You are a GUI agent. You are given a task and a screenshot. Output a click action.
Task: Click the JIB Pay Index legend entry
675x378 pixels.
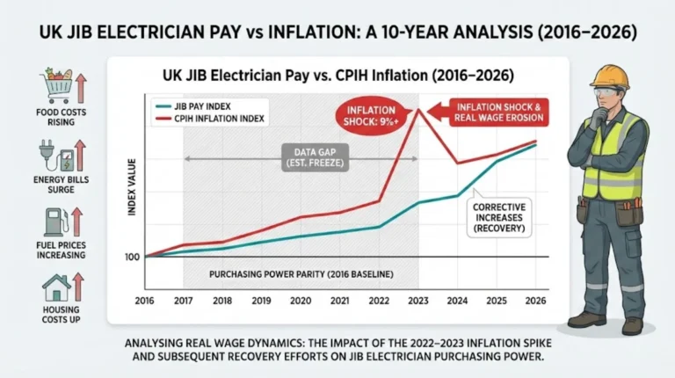[x=199, y=104]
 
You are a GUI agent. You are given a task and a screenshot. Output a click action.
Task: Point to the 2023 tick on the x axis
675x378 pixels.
[x=418, y=300]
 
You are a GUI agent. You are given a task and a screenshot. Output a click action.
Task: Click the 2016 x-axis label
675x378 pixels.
[x=145, y=300]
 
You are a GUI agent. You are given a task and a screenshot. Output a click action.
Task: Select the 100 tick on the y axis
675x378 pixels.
[x=132, y=257]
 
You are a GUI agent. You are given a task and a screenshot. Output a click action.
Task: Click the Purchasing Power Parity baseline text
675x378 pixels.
[x=301, y=274]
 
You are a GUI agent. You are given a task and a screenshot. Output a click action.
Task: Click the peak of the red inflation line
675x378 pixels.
[x=419, y=108]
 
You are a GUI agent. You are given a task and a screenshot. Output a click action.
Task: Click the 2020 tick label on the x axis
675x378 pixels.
[x=301, y=300]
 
